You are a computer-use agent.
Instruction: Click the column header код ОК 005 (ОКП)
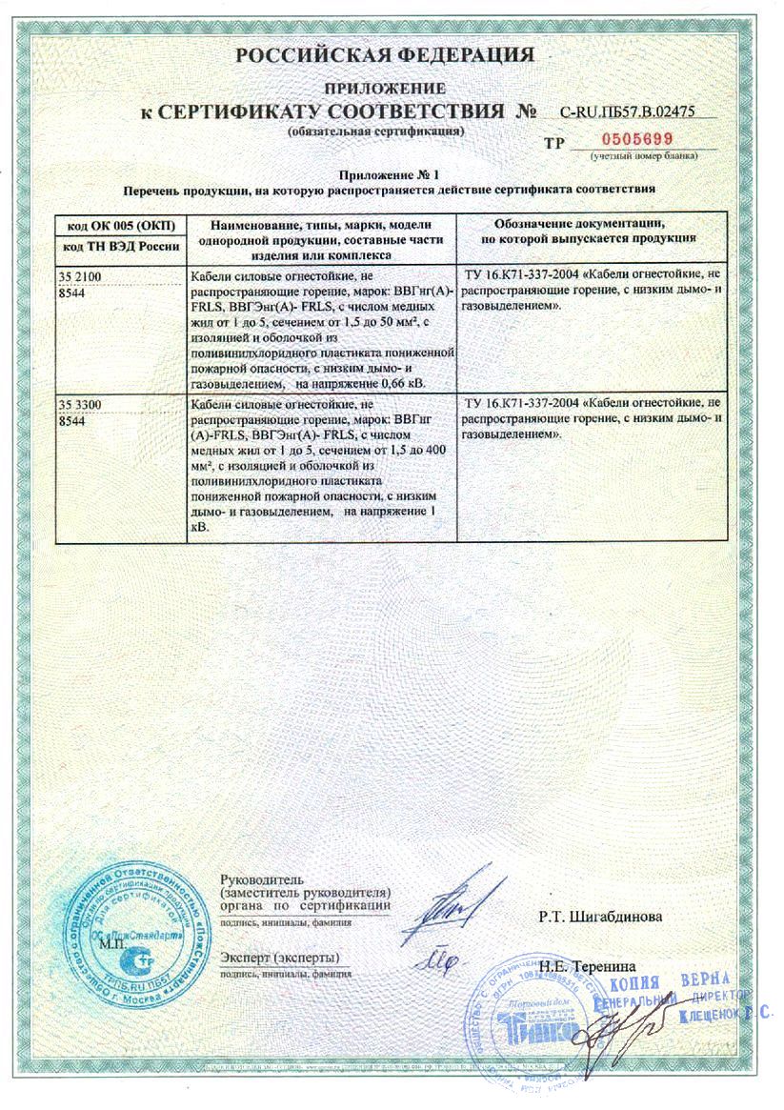(110, 226)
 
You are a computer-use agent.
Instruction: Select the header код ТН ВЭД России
(110, 247)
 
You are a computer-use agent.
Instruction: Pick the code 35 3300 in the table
(79, 406)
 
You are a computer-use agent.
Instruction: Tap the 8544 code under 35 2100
(71, 293)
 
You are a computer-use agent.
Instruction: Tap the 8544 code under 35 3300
(71, 421)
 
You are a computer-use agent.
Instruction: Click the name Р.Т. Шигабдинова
(601, 918)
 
